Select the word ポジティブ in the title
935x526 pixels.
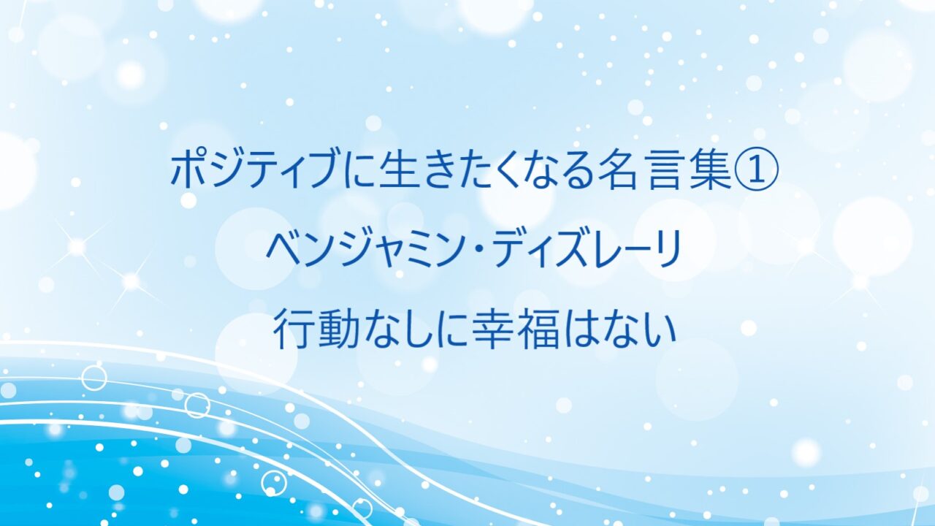(253, 171)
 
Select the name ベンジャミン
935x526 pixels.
(367, 250)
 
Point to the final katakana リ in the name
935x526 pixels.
(665, 250)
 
